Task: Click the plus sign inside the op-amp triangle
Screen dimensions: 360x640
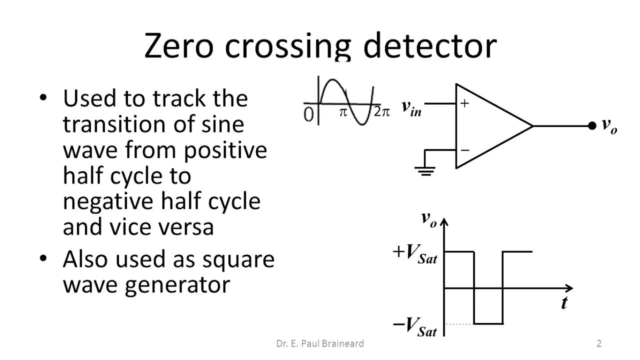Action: coord(465,103)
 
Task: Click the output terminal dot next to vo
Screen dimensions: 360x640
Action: coord(592,125)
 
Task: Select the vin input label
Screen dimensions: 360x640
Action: coord(411,108)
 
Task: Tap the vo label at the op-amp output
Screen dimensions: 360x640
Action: coord(609,125)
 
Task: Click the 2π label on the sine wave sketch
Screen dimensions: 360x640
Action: coord(381,112)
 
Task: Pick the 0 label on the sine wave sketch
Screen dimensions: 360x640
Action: coord(308,114)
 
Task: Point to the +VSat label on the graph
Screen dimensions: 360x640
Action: coord(415,253)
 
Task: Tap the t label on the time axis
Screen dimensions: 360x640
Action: coord(564,303)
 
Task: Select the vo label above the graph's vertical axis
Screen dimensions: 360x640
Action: coord(429,219)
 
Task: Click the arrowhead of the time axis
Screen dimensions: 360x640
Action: coord(569,288)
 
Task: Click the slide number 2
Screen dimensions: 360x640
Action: coord(599,343)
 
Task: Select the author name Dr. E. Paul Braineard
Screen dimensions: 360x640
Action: coord(320,343)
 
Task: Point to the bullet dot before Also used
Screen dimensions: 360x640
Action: coord(44,258)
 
